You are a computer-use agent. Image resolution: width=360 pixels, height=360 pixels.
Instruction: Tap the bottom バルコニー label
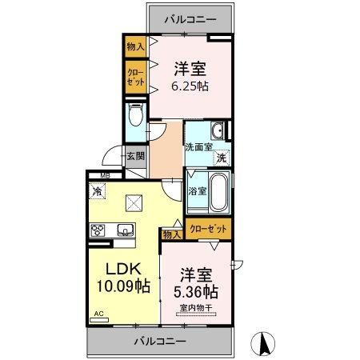coord(160,341)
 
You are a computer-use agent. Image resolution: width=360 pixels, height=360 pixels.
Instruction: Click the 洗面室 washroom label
coord(198,147)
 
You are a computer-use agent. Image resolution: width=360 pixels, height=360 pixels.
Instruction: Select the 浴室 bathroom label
coord(197,191)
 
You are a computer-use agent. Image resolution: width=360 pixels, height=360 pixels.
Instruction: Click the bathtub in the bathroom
coord(218,193)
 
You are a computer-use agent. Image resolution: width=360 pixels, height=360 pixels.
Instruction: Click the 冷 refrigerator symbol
coord(97,191)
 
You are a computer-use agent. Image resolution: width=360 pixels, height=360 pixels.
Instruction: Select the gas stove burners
coord(99,231)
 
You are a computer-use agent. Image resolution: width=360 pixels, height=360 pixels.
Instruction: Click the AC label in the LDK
coord(99,314)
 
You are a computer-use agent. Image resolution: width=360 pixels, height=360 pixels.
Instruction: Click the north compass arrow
coord(261,343)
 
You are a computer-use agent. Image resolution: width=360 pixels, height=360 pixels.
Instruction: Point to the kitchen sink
coord(126,230)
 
